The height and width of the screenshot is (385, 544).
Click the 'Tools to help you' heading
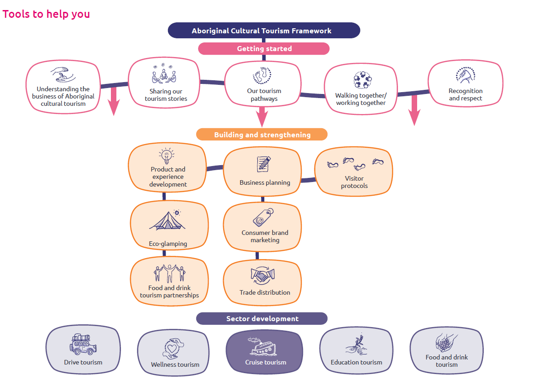(x=46, y=14)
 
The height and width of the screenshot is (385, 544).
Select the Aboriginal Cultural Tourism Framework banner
(x=264, y=31)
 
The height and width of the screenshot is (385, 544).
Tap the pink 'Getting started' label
(x=264, y=48)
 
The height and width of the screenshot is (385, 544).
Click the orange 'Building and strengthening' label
(x=262, y=135)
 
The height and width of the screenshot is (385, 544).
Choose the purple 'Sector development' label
(x=262, y=318)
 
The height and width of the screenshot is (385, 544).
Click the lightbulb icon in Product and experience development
(x=167, y=156)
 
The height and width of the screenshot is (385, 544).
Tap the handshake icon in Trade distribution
(x=262, y=276)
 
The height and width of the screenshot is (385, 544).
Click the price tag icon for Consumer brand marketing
(x=263, y=217)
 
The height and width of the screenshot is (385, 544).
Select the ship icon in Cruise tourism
(x=262, y=346)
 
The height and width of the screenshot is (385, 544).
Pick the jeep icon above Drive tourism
(x=83, y=344)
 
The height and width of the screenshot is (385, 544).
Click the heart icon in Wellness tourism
(x=173, y=349)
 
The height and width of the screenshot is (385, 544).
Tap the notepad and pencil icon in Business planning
(x=264, y=164)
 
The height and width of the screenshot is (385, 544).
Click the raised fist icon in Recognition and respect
(x=465, y=75)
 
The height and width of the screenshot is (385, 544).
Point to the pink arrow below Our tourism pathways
(x=262, y=116)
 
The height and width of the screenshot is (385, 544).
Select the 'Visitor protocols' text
(x=354, y=182)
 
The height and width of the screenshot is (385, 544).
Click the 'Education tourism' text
(x=356, y=362)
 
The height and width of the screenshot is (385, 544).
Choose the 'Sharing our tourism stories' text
(x=166, y=95)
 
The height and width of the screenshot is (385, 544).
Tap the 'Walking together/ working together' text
(x=361, y=99)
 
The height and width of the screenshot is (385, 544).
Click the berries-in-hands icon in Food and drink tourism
(x=446, y=343)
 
